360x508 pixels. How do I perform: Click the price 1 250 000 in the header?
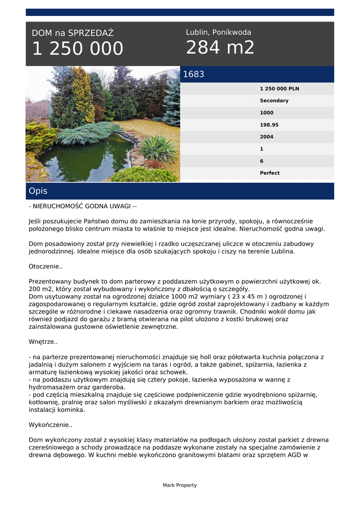coord(77,49)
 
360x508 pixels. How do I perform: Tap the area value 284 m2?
coord(220,48)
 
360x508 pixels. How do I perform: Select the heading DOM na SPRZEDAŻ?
coord(72,33)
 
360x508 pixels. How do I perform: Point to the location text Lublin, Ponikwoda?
coord(218,32)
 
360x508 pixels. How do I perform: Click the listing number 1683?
coord(194,74)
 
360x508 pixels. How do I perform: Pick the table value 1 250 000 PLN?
coord(279,89)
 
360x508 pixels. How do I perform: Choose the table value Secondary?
coord(274,101)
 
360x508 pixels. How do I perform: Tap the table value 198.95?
coord(269,125)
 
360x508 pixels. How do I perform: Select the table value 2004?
coord(267,137)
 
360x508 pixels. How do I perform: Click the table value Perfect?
coord(270,173)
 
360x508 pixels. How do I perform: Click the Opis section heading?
coord(38,191)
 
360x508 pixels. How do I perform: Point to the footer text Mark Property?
coord(180,485)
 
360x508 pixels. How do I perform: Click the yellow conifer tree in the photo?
coord(83,97)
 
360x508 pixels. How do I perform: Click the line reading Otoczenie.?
coord(46,266)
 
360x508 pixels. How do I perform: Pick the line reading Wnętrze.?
coord(43,342)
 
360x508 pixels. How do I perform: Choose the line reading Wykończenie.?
coord(51,425)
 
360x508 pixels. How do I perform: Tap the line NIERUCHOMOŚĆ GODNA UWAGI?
coord(82,206)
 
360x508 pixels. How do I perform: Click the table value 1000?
coord(267,113)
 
